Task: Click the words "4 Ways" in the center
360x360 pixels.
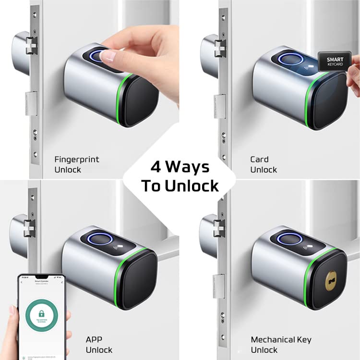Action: [x=180, y=167]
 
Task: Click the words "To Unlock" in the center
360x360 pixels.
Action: [x=180, y=186]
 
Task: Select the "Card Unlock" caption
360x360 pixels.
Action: [x=264, y=164]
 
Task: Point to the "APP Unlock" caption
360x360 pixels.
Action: [x=99, y=345]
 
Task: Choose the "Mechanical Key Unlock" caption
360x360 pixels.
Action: [x=281, y=345]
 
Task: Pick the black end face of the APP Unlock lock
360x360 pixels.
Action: [x=139, y=280]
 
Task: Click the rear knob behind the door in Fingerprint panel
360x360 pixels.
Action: [x=20, y=51]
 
